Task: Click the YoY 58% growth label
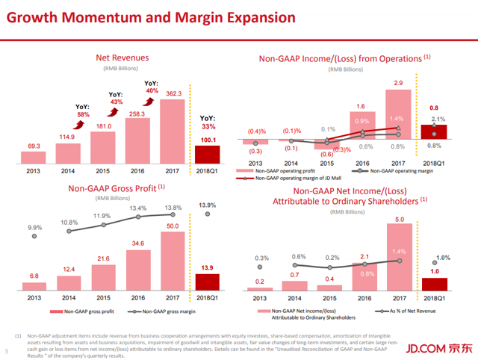pyautogui.click(x=84, y=111)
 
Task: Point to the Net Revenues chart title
pyautogui.click(x=122, y=58)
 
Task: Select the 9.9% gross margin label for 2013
pyautogui.click(x=35, y=227)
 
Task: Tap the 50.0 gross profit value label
pyautogui.click(x=173, y=226)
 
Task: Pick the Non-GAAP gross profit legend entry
pyautogui.click(x=77, y=311)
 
